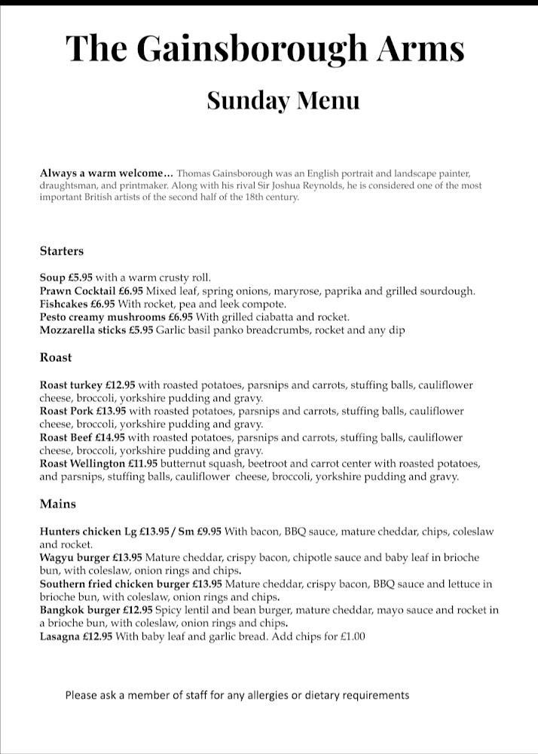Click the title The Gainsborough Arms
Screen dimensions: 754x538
coord(264,48)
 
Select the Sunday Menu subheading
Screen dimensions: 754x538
coord(283,101)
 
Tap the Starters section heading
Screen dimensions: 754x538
coord(62,251)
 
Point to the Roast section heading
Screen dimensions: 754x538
coord(56,357)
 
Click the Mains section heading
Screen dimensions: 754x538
coord(58,504)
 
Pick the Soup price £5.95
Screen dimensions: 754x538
coord(81,277)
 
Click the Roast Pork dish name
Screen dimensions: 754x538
coord(66,412)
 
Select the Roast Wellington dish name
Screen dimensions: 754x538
coord(82,464)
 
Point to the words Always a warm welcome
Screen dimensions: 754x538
coord(106,173)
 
